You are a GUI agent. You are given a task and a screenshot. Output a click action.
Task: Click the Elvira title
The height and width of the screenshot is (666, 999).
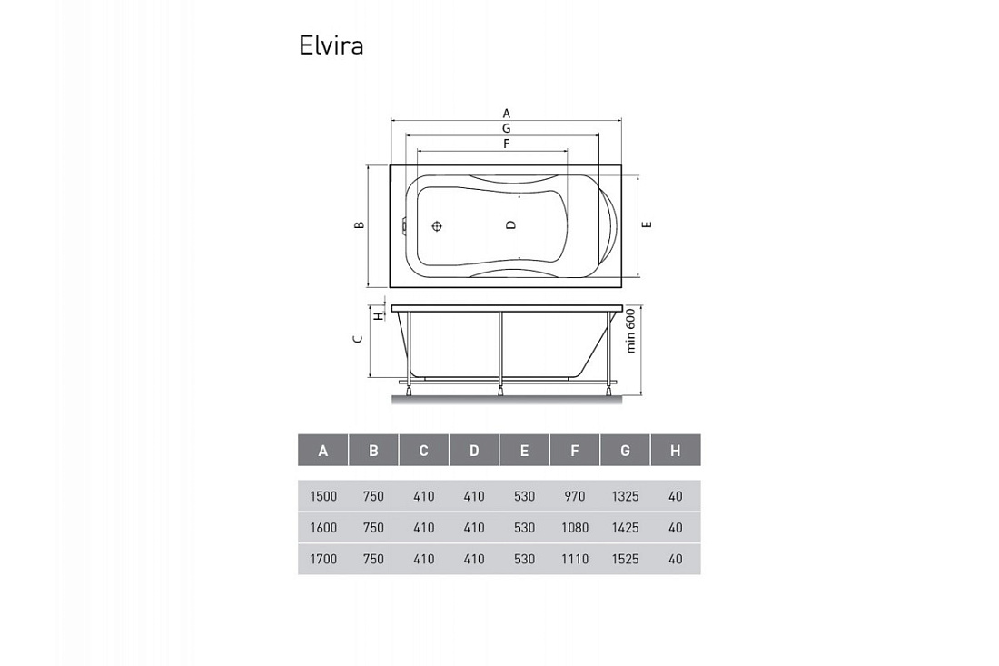coord(331,45)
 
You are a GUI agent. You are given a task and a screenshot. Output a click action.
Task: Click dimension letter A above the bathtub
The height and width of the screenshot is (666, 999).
coord(507,114)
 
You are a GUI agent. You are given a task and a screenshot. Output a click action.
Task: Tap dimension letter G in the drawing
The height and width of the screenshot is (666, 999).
coord(507,129)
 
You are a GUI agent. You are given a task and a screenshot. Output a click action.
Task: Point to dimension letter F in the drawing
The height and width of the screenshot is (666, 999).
coord(507,144)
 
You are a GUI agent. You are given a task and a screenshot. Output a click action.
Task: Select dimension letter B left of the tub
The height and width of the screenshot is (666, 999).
coord(360,224)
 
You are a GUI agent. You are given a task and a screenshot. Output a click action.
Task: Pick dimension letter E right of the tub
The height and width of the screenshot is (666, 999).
coord(647,224)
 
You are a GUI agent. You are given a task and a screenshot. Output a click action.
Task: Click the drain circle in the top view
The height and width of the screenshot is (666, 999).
coord(437,226)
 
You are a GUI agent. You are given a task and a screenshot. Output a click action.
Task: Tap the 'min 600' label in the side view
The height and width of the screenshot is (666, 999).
coord(631,331)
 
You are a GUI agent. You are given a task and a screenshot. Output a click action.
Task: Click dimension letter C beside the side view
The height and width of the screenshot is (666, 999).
coord(358,338)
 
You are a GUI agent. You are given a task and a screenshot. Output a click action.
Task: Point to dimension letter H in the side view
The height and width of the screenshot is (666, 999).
coord(378,315)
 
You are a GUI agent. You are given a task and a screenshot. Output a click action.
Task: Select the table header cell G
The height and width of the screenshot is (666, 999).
coord(625,451)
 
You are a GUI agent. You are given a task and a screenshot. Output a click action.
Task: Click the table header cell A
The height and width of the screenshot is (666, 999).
coord(323,451)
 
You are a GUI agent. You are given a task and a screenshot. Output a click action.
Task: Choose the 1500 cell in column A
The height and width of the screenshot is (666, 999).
coord(323,496)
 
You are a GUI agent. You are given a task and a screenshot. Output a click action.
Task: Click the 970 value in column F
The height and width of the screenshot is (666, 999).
coord(575,496)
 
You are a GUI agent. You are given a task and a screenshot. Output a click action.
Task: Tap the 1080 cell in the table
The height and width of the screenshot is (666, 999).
coord(575,528)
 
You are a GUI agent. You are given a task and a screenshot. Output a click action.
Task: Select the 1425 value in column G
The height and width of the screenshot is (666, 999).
coord(625,528)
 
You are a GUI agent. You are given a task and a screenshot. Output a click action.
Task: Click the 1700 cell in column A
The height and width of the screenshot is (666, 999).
coord(323,559)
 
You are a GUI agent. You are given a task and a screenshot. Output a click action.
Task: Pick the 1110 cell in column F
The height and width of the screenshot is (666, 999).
coord(575,559)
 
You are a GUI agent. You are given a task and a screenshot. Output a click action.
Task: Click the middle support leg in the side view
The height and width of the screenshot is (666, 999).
coord(500,353)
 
